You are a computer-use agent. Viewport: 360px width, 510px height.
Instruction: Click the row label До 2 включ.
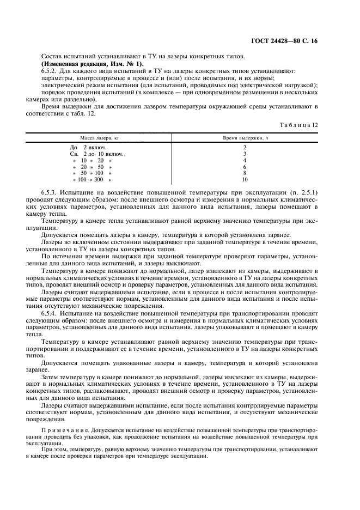(x=88, y=148)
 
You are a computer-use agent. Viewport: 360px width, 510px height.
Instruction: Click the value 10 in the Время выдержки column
(x=245, y=179)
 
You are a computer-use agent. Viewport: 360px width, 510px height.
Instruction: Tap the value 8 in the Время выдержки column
(x=245, y=173)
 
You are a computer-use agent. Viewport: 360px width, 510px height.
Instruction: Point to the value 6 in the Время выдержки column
(x=245, y=167)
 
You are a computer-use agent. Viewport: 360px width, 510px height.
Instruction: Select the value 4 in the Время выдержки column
(x=245, y=160)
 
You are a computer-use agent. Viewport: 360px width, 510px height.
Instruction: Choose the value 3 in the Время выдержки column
(x=245, y=154)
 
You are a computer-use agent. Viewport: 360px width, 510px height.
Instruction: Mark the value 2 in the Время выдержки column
(x=245, y=148)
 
